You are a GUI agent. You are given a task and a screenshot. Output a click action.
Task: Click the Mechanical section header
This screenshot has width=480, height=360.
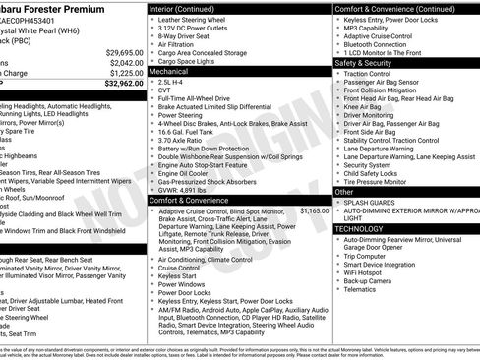(168, 71)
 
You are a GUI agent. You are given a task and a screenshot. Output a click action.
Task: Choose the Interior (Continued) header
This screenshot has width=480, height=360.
(183, 8)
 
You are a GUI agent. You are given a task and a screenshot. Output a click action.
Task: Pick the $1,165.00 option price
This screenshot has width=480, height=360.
(314, 183)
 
